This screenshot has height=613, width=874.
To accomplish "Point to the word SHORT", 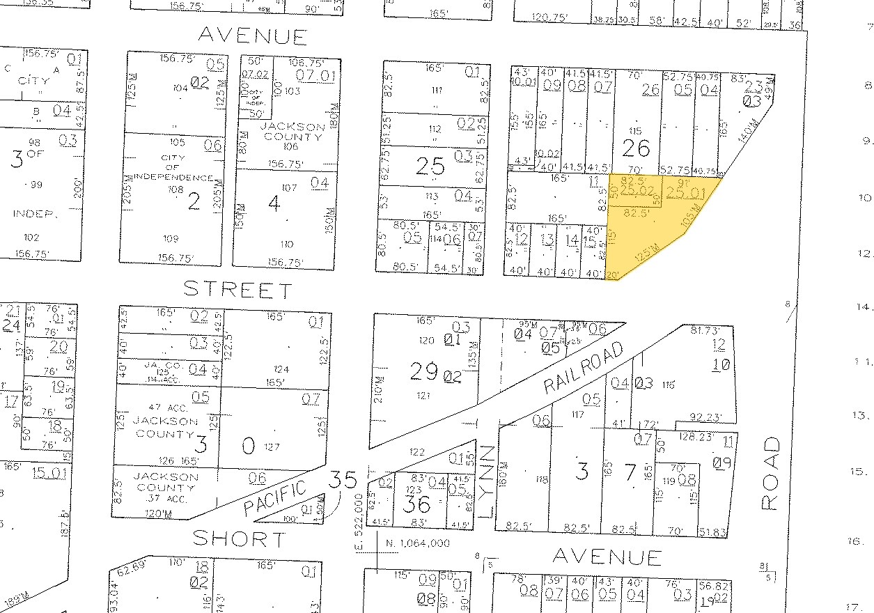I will [239, 538].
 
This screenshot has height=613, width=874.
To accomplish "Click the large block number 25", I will [430, 166].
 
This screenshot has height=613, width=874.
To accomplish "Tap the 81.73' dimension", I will [697, 329].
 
